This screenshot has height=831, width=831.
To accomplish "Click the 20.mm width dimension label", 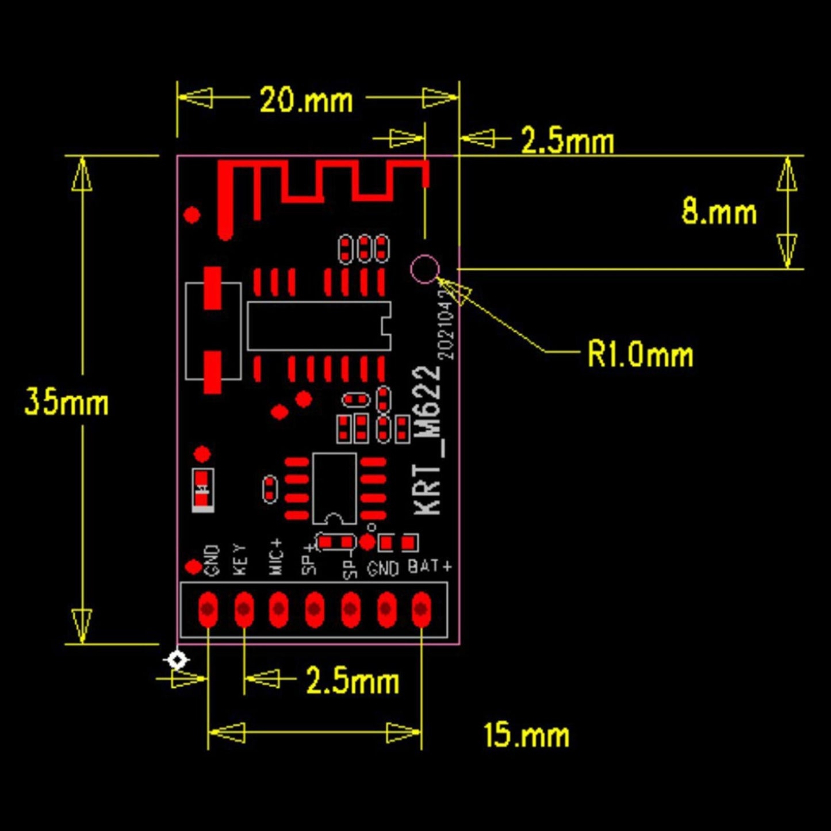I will [x=306, y=101].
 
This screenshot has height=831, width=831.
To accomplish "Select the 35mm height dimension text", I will [x=66, y=401].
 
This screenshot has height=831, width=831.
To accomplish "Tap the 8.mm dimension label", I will [x=719, y=212].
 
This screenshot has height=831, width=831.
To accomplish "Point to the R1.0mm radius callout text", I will [x=639, y=354].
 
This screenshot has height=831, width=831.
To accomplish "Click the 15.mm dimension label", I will [x=526, y=735].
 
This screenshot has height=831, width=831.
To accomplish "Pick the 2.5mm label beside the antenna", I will [x=567, y=141].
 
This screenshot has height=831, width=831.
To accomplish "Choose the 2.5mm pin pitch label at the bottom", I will [x=352, y=681].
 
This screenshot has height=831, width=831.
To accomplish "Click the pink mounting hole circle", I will [x=425, y=269].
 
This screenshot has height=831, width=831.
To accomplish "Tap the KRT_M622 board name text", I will [x=429, y=440].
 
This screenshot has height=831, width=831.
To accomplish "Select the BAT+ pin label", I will [x=429, y=566].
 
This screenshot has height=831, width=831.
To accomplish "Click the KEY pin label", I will [x=240, y=560].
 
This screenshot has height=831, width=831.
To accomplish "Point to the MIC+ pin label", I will [x=277, y=557].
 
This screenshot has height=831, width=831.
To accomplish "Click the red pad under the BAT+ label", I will [x=421, y=609].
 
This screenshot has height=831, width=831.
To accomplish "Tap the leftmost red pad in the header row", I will [x=208, y=609].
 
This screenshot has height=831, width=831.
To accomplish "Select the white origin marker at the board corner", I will [x=177, y=660].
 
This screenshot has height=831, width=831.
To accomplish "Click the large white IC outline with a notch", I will [x=319, y=325].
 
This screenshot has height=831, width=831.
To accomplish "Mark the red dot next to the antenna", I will [x=192, y=215].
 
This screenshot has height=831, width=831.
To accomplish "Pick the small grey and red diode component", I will [x=202, y=491].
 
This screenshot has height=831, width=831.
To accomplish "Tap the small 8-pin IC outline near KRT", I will [x=335, y=489].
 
